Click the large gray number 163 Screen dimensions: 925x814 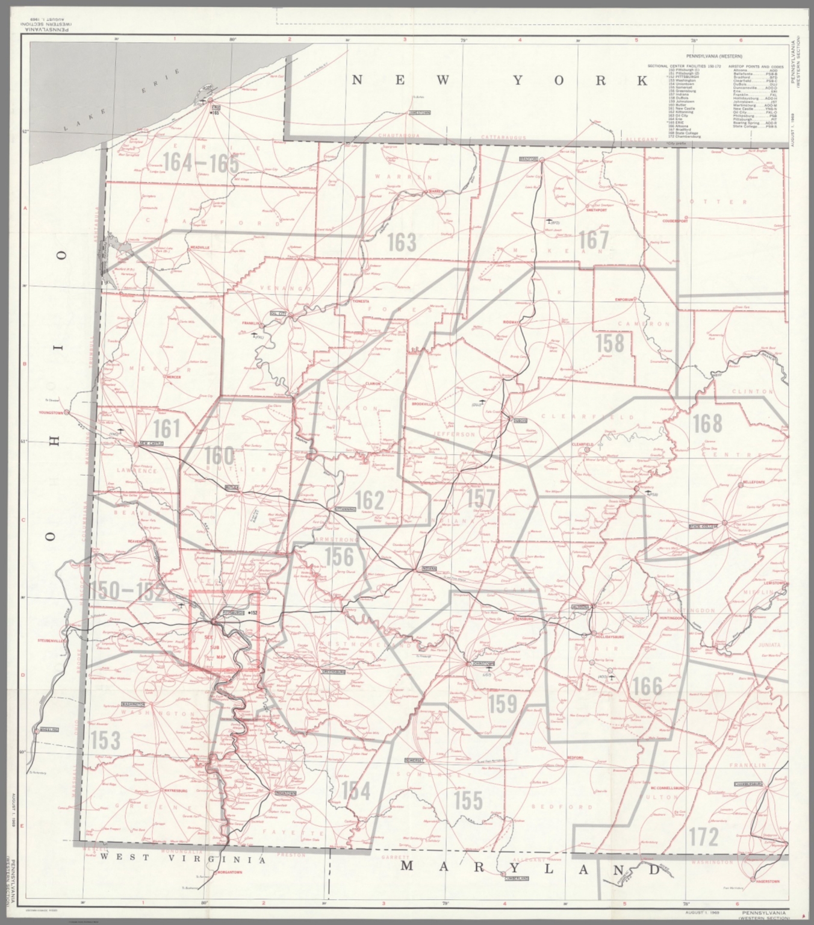401,242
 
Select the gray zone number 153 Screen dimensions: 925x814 105,740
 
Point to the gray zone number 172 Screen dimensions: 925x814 703,836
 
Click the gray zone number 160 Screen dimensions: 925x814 219,456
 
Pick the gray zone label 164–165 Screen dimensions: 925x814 200,163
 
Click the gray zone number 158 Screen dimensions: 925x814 610,343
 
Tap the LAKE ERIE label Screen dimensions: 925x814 123,101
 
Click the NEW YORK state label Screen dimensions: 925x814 500,81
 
